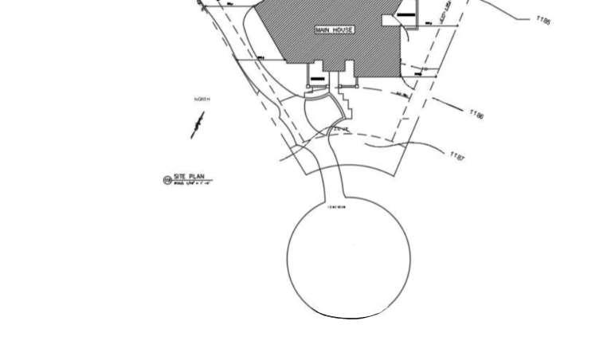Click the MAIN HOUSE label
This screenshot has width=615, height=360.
point(335,30)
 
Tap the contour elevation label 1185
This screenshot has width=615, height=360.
point(544,22)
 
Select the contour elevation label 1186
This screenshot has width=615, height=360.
point(476,115)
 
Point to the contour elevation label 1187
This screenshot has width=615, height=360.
point(457,155)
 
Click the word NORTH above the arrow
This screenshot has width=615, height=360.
point(202,99)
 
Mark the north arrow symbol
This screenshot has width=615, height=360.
point(198,125)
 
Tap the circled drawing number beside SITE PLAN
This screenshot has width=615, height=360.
point(167,180)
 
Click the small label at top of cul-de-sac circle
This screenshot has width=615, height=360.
point(337,207)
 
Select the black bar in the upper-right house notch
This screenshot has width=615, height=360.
point(406,14)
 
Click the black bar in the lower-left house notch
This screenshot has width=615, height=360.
point(317,78)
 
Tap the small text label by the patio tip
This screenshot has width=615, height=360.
point(340,129)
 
